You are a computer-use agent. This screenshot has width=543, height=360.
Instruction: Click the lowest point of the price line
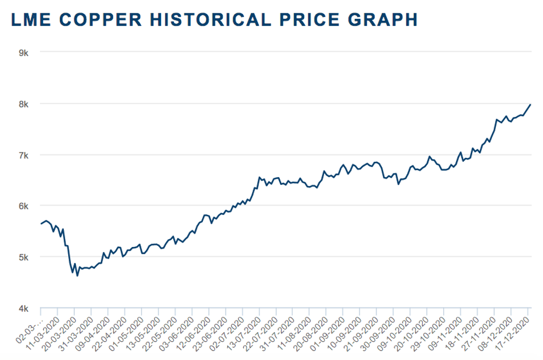click(x=77, y=276)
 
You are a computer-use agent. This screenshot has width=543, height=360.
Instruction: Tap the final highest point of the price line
click(x=531, y=104)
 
